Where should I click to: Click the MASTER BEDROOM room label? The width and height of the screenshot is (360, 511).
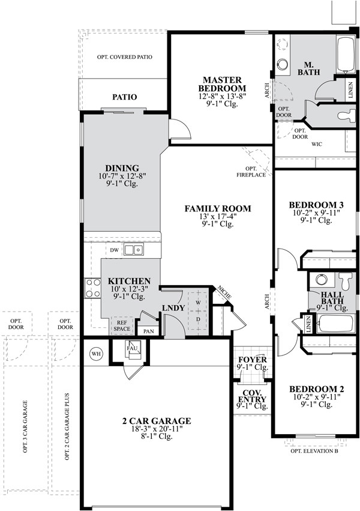[221, 85]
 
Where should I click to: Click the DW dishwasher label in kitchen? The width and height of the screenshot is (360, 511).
[114, 250]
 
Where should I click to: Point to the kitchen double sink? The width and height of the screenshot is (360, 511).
[136, 249]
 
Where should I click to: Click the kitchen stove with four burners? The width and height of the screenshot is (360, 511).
[92, 288]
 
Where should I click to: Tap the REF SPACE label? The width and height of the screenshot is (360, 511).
[122, 325]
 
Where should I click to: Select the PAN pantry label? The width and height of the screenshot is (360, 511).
[147, 331]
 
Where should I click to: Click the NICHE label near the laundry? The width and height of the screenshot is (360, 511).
[224, 292]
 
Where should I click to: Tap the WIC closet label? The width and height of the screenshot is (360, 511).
[317, 145]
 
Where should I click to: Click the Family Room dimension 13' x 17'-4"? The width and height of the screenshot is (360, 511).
[217, 217]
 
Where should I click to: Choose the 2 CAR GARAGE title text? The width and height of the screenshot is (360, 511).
[156, 421]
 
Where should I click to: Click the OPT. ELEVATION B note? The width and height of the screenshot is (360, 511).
[314, 451]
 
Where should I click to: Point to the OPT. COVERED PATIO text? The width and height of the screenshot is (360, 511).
[124, 57]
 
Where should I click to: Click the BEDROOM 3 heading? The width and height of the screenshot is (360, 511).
[312, 204]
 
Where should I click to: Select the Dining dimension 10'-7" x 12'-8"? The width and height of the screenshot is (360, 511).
[122, 177]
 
